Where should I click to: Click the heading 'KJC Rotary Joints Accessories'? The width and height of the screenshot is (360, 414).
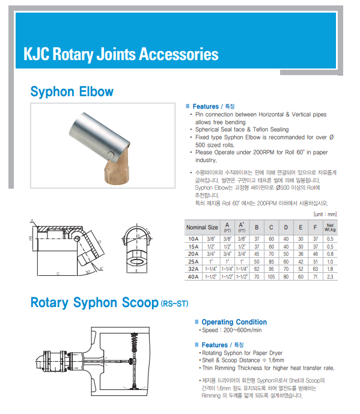pyautogui.click(x=121, y=55)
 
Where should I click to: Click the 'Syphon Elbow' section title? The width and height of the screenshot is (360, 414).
pyautogui.click(x=72, y=92)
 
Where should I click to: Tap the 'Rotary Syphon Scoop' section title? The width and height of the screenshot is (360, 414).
pyautogui.click(x=94, y=303)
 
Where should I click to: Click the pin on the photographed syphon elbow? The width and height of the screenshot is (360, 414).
pyautogui.click(x=111, y=154)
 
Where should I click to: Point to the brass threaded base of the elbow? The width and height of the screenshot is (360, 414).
pyautogui.click(x=117, y=170)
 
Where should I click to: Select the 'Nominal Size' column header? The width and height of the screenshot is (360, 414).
pyautogui.click(x=202, y=227)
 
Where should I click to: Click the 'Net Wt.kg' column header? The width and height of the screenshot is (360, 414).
pyautogui.click(x=330, y=227)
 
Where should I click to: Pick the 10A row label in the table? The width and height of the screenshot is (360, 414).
pyautogui.click(x=194, y=239)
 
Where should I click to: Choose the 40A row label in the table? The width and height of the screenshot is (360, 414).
pyautogui.click(x=194, y=277)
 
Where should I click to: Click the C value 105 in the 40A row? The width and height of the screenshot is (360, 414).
pyautogui.click(x=271, y=277)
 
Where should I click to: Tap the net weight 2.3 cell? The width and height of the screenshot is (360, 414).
pyautogui.click(x=330, y=277)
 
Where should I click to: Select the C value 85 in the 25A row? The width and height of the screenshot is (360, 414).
pyautogui.click(x=271, y=261)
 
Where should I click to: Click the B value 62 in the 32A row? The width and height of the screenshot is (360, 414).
pyautogui.click(x=257, y=269)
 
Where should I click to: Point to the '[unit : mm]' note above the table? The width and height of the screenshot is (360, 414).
pyautogui.click(x=325, y=214)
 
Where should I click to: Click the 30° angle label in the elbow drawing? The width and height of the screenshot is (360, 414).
pyautogui.click(x=88, y=272)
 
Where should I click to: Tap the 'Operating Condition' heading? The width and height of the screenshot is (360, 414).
pyautogui.click(x=234, y=322)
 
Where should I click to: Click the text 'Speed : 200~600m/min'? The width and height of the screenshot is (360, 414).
pyautogui.click(x=231, y=330)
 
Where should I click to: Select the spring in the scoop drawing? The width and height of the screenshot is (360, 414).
pyautogui.click(x=135, y=342)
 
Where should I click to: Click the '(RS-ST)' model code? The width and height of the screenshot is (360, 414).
pyautogui.click(x=174, y=303)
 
